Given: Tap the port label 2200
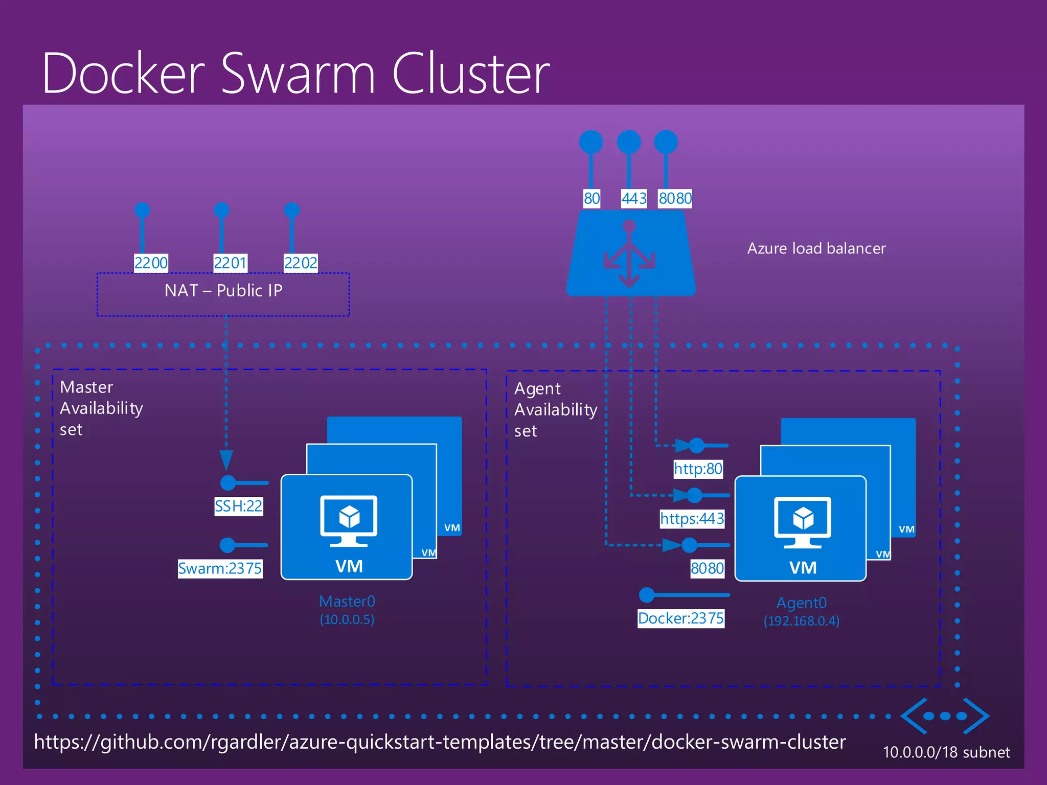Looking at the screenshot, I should (151, 263).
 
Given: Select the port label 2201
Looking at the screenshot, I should (230, 263).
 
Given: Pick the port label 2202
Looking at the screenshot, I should (301, 263).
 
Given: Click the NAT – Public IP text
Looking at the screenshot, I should (223, 291).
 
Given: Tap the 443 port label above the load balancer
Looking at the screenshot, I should (634, 198).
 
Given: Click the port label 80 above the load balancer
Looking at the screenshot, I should (591, 198).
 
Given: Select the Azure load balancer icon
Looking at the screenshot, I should (630, 254).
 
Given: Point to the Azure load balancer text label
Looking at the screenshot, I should (816, 248).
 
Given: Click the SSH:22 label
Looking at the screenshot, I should (238, 506).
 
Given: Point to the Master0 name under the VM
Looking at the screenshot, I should (347, 602).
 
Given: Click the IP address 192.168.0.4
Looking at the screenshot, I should (801, 621).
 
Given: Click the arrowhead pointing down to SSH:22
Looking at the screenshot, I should (226, 459).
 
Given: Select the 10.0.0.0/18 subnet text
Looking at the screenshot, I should (946, 752).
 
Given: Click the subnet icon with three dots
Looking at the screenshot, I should (945, 716).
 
